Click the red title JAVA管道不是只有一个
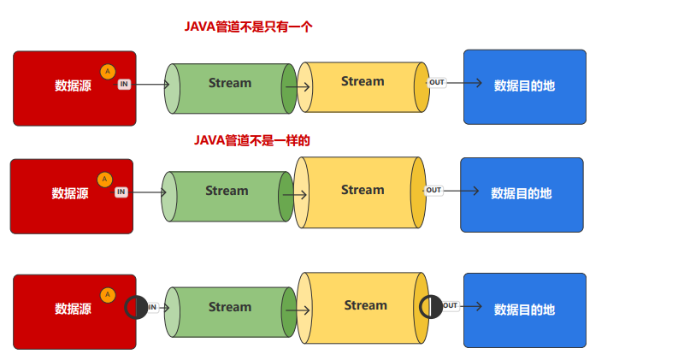[248, 27]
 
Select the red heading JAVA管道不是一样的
[251, 140]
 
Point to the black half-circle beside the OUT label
[431, 306]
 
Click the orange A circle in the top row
[107, 72]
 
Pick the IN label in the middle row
[121, 192]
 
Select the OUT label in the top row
[437, 82]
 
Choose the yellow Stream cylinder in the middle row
[363, 191]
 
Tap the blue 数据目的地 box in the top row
[524, 86]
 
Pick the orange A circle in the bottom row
[107, 295]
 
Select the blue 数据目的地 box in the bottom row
[524, 310]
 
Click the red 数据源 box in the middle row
[71, 196]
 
